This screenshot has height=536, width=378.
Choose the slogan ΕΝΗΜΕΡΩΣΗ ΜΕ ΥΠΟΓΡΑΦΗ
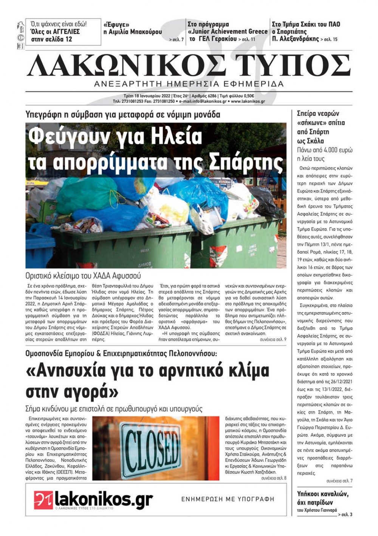click(x=228, y=499)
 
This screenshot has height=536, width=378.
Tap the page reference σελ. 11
click(x=249, y=39)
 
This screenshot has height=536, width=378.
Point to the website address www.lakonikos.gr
click(x=248, y=102)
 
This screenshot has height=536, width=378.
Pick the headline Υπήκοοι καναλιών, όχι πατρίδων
click(x=323, y=498)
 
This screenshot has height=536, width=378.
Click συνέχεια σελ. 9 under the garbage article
click(x=273, y=340)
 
